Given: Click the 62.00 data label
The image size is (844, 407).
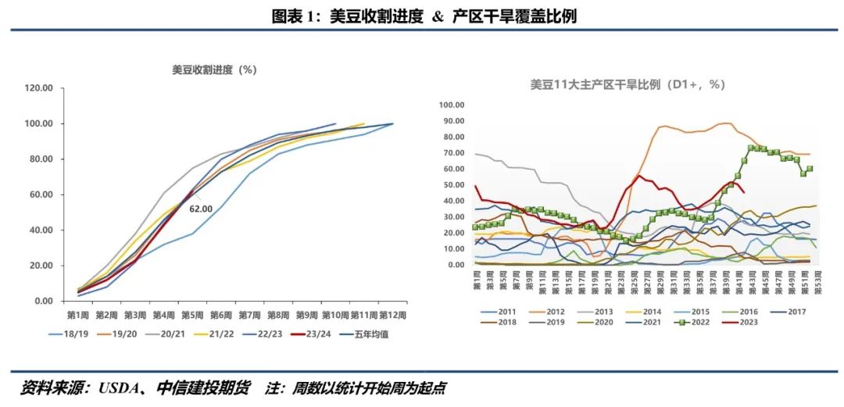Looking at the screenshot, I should click(201, 209).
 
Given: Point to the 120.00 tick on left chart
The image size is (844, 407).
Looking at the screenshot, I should click(38, 88).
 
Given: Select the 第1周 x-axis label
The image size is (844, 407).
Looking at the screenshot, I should click(77, 315).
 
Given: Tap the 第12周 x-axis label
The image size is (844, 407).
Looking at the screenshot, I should click(392, 315).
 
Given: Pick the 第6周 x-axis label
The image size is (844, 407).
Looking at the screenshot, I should click(221, 315).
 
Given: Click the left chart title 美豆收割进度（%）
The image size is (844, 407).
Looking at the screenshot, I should click(214, 70).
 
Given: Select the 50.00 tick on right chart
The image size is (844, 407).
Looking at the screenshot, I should click(454, 184).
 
